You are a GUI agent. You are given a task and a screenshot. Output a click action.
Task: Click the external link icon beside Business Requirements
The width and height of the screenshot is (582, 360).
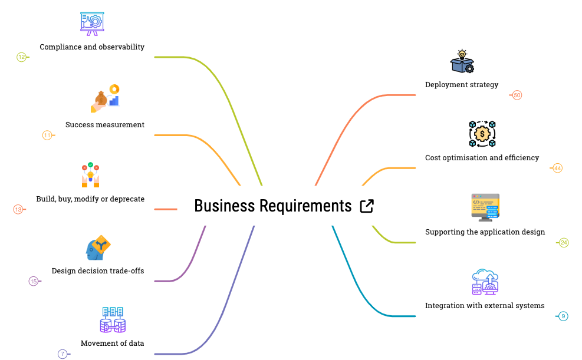point(366,206)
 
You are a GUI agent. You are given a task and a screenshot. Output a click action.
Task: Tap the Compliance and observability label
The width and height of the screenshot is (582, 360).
point(92,47)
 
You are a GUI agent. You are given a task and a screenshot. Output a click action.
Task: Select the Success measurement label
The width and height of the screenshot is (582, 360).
point(105,125)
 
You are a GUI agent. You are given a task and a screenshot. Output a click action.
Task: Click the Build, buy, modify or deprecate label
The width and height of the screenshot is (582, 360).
point(90,199)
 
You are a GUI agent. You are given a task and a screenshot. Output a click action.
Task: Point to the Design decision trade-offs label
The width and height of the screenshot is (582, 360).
point(98,271)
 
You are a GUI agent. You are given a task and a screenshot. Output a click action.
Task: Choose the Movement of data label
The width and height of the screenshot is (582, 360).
point(112,344)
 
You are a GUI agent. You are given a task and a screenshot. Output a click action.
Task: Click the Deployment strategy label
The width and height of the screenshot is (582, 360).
point(462,85)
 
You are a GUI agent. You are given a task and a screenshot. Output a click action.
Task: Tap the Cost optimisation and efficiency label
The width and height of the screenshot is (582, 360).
point(482,158)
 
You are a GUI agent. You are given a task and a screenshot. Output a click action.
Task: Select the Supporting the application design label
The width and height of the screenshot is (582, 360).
point(485,232)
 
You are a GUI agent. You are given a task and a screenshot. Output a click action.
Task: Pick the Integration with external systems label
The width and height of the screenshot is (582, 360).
point(485,306)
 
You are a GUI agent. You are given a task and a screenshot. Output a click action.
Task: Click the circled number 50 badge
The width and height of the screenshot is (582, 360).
point(517,95)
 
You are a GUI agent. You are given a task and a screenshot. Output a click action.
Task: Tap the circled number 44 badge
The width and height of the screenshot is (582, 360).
point(557,169)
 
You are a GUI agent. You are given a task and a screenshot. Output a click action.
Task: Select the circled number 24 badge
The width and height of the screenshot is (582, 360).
point(564,243)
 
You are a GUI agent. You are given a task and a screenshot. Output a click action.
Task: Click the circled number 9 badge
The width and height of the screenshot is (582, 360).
point(563,316)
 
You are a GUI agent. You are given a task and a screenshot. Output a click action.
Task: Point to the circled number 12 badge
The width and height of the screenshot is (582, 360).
point(22,57)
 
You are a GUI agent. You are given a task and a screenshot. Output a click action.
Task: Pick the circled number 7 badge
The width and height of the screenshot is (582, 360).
point(63,354)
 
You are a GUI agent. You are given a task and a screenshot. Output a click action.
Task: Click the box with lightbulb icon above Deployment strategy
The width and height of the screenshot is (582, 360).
point(462,62)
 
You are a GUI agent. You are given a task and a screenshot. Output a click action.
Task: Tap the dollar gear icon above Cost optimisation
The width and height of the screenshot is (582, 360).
point(482,134)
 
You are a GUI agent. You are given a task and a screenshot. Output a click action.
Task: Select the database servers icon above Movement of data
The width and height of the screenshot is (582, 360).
point(113,320)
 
